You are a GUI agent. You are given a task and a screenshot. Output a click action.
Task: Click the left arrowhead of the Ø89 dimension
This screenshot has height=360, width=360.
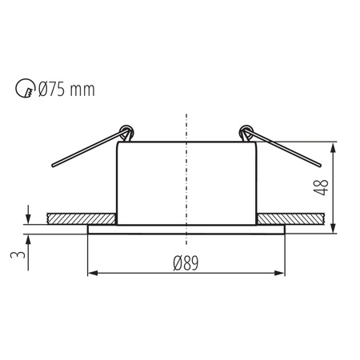90,274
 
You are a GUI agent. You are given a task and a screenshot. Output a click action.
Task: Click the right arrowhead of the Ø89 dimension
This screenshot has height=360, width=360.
282,274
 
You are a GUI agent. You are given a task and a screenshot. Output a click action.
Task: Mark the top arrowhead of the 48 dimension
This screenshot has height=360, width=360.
331,148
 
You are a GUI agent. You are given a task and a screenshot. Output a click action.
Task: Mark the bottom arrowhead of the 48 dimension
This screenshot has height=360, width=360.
331,229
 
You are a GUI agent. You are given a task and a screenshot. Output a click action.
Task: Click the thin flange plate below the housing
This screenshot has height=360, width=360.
186,230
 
